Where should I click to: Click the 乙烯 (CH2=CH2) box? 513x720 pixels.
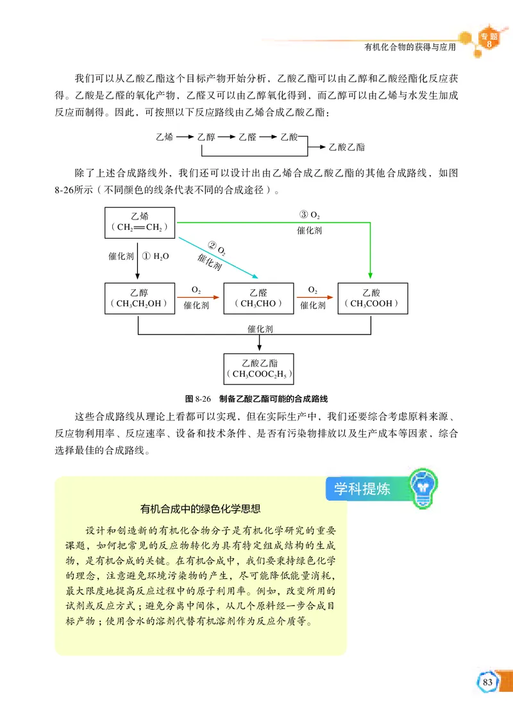click(140, 221)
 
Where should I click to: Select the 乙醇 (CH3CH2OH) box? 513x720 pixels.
click(140, 298)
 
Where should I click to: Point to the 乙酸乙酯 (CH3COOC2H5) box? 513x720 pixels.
click(258, 368)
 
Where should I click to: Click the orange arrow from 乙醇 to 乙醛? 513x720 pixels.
click(196, 297)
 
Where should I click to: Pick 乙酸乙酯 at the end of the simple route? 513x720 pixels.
click(346, 147)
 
